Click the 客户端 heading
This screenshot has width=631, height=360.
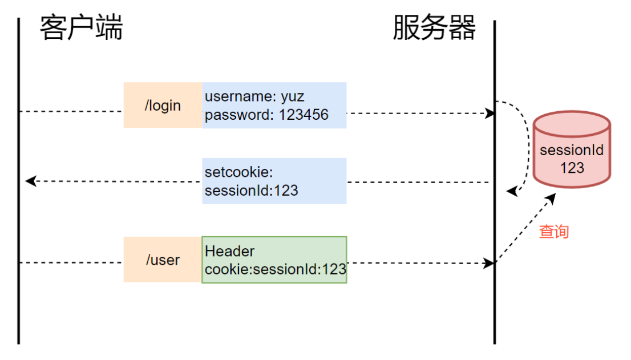click(x=81, y=28)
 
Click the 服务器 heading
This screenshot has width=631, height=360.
click(x=434, y=28)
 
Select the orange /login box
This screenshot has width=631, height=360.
click(x=163, y=106)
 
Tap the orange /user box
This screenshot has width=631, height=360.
click(x=163, y=260)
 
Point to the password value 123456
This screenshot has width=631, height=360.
click(x=304, y=115)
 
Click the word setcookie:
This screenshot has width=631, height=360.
click(x=240, y=172)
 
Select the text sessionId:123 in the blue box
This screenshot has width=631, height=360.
click(x=252, y=190)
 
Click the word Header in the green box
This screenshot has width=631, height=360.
click(x=229, y=251)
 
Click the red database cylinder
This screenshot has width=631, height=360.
click(x=572, y=150)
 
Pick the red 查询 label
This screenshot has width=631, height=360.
click(x=553, y=232)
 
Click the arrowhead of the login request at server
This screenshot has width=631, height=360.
click(x=490, y=114)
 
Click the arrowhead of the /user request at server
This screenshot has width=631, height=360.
click(x=489, y=263)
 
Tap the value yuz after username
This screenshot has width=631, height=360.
click(x=292, y=96)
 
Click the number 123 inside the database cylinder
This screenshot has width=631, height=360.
click(x=572, y=167)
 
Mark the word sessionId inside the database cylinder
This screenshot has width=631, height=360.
click(x=572, y=151)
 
